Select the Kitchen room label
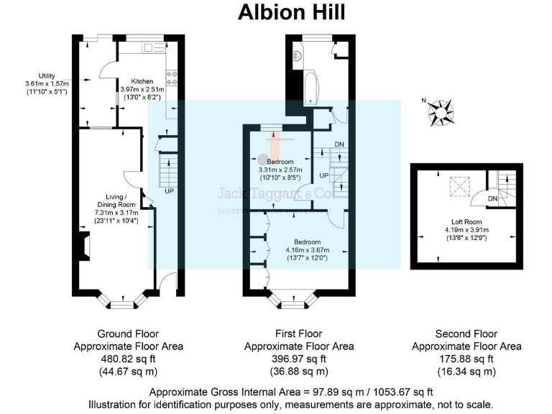click(142, 81)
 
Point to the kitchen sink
click(153, 47)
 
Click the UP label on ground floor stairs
click(169, 191)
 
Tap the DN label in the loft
click(493, 198)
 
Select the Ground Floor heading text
click(128, 334)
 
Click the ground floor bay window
click(118, 300)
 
